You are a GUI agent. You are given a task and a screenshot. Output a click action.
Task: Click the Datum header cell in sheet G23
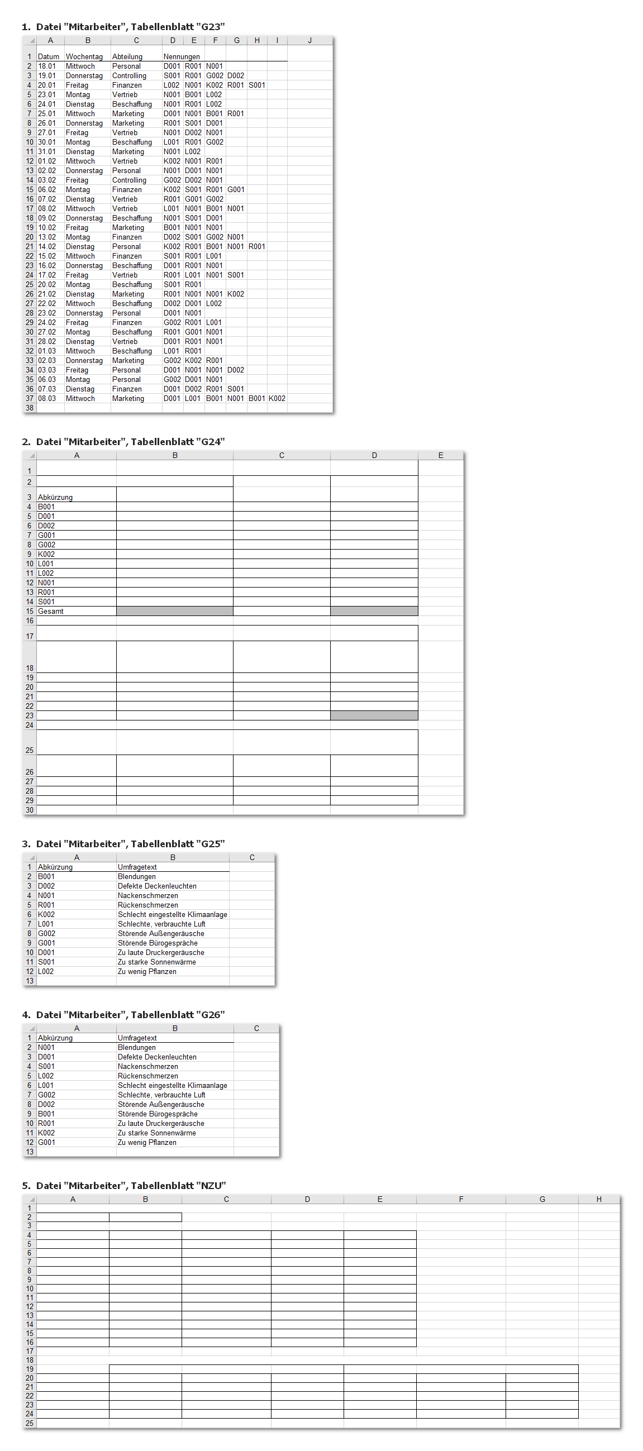coord(49,56)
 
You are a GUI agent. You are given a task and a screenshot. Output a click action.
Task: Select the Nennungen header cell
coord(182,56)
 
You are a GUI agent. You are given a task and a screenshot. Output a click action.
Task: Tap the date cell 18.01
coord(47,66)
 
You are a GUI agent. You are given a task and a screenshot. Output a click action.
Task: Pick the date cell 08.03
coord(47,398)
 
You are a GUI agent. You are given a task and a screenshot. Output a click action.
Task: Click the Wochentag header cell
coord(84,56)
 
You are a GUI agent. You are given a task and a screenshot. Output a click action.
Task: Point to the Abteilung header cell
coord(127,56)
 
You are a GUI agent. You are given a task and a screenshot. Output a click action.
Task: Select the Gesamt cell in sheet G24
coord(51,611)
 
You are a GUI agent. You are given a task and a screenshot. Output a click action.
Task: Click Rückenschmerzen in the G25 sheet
coord(147,905)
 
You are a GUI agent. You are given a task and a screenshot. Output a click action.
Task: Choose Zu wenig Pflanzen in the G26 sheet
coord(147,1142)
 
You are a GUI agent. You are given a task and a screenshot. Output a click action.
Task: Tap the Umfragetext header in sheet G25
coord(137,867)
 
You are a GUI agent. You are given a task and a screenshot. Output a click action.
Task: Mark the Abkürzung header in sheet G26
coord(55,1038)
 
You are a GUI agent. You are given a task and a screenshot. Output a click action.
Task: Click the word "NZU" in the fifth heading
coord(211,1186)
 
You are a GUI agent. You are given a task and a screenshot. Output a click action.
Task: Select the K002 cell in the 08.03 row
coord(277,398)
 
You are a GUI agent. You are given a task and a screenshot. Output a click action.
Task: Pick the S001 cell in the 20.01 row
coord(257,85)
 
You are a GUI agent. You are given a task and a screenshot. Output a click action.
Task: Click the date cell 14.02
coord(47,246)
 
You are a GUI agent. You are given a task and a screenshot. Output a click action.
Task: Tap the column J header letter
coord(309,41)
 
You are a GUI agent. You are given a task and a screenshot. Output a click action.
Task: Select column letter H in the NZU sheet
coord(598,1199)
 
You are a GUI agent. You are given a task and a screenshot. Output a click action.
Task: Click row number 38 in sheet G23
coord(29,408)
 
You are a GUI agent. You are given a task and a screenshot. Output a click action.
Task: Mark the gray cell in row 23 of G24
coord(374,715)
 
